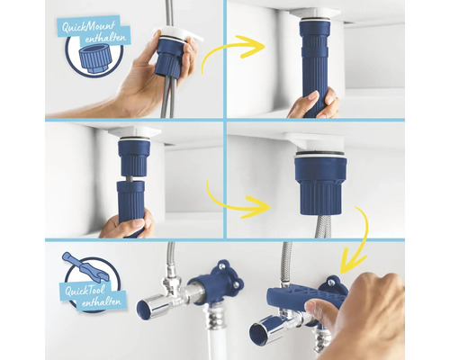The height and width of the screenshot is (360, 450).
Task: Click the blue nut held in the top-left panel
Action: (170, 57)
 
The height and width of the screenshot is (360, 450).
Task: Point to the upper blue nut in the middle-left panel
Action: (132, 158)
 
